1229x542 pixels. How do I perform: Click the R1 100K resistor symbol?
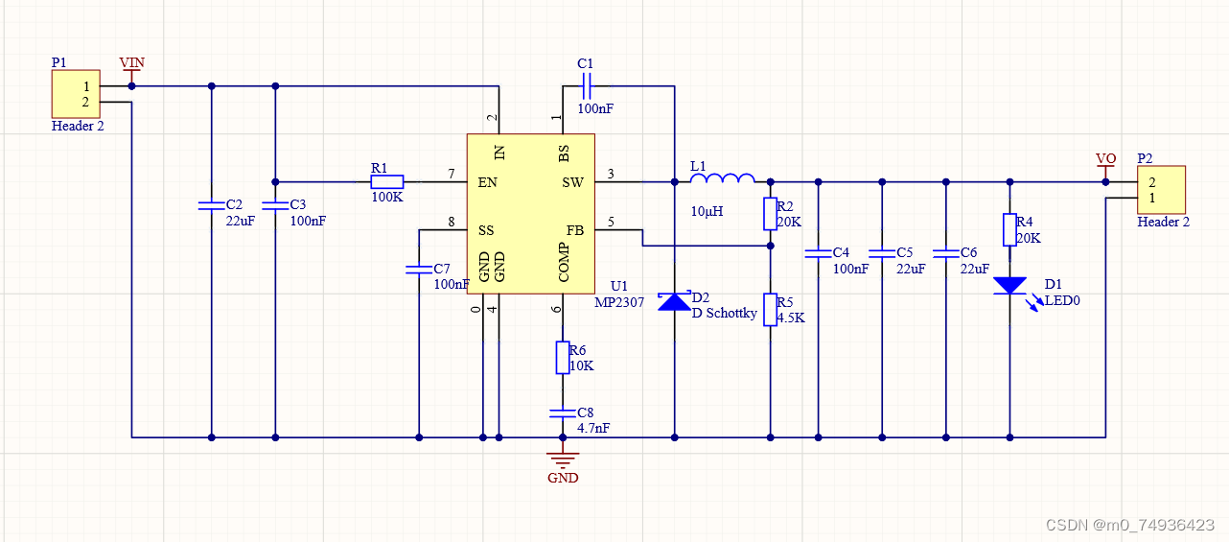click(387, 181)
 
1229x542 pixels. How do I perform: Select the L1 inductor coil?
click(722, 178)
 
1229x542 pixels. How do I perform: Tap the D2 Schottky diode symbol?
click(674, 301)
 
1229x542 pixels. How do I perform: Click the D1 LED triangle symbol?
click(1009, 286)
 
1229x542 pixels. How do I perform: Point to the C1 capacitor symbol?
click(587, 86)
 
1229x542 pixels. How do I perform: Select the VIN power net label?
click(131, 63)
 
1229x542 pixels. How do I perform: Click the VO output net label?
click(1105, 158)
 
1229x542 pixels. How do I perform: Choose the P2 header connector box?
click(1161, 190)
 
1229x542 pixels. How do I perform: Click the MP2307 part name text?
click(618, 302)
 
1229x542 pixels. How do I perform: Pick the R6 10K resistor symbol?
click(563, 358)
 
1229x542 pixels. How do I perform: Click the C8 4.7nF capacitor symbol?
click(563, 413)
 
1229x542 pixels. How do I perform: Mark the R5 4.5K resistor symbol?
click(770, 309)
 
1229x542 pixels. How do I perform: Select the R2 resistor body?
click(770, 214)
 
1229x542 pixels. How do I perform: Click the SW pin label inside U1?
click(571, 182)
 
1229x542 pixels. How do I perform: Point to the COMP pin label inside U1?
click(564, 263)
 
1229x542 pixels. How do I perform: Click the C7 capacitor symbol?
click(418, 269)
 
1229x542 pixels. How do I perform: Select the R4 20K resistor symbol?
click(1009, 230)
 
